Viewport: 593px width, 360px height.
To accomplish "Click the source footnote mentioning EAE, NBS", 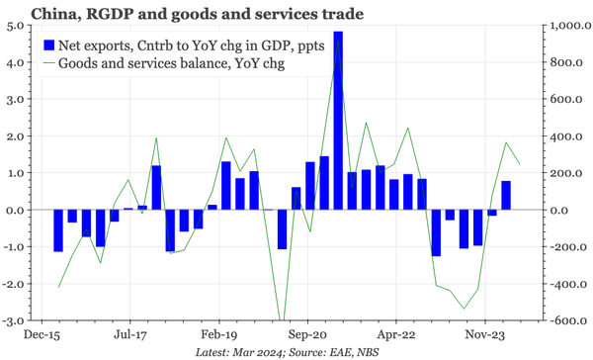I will (296, 352).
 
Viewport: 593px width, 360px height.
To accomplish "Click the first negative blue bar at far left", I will (58, 230).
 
